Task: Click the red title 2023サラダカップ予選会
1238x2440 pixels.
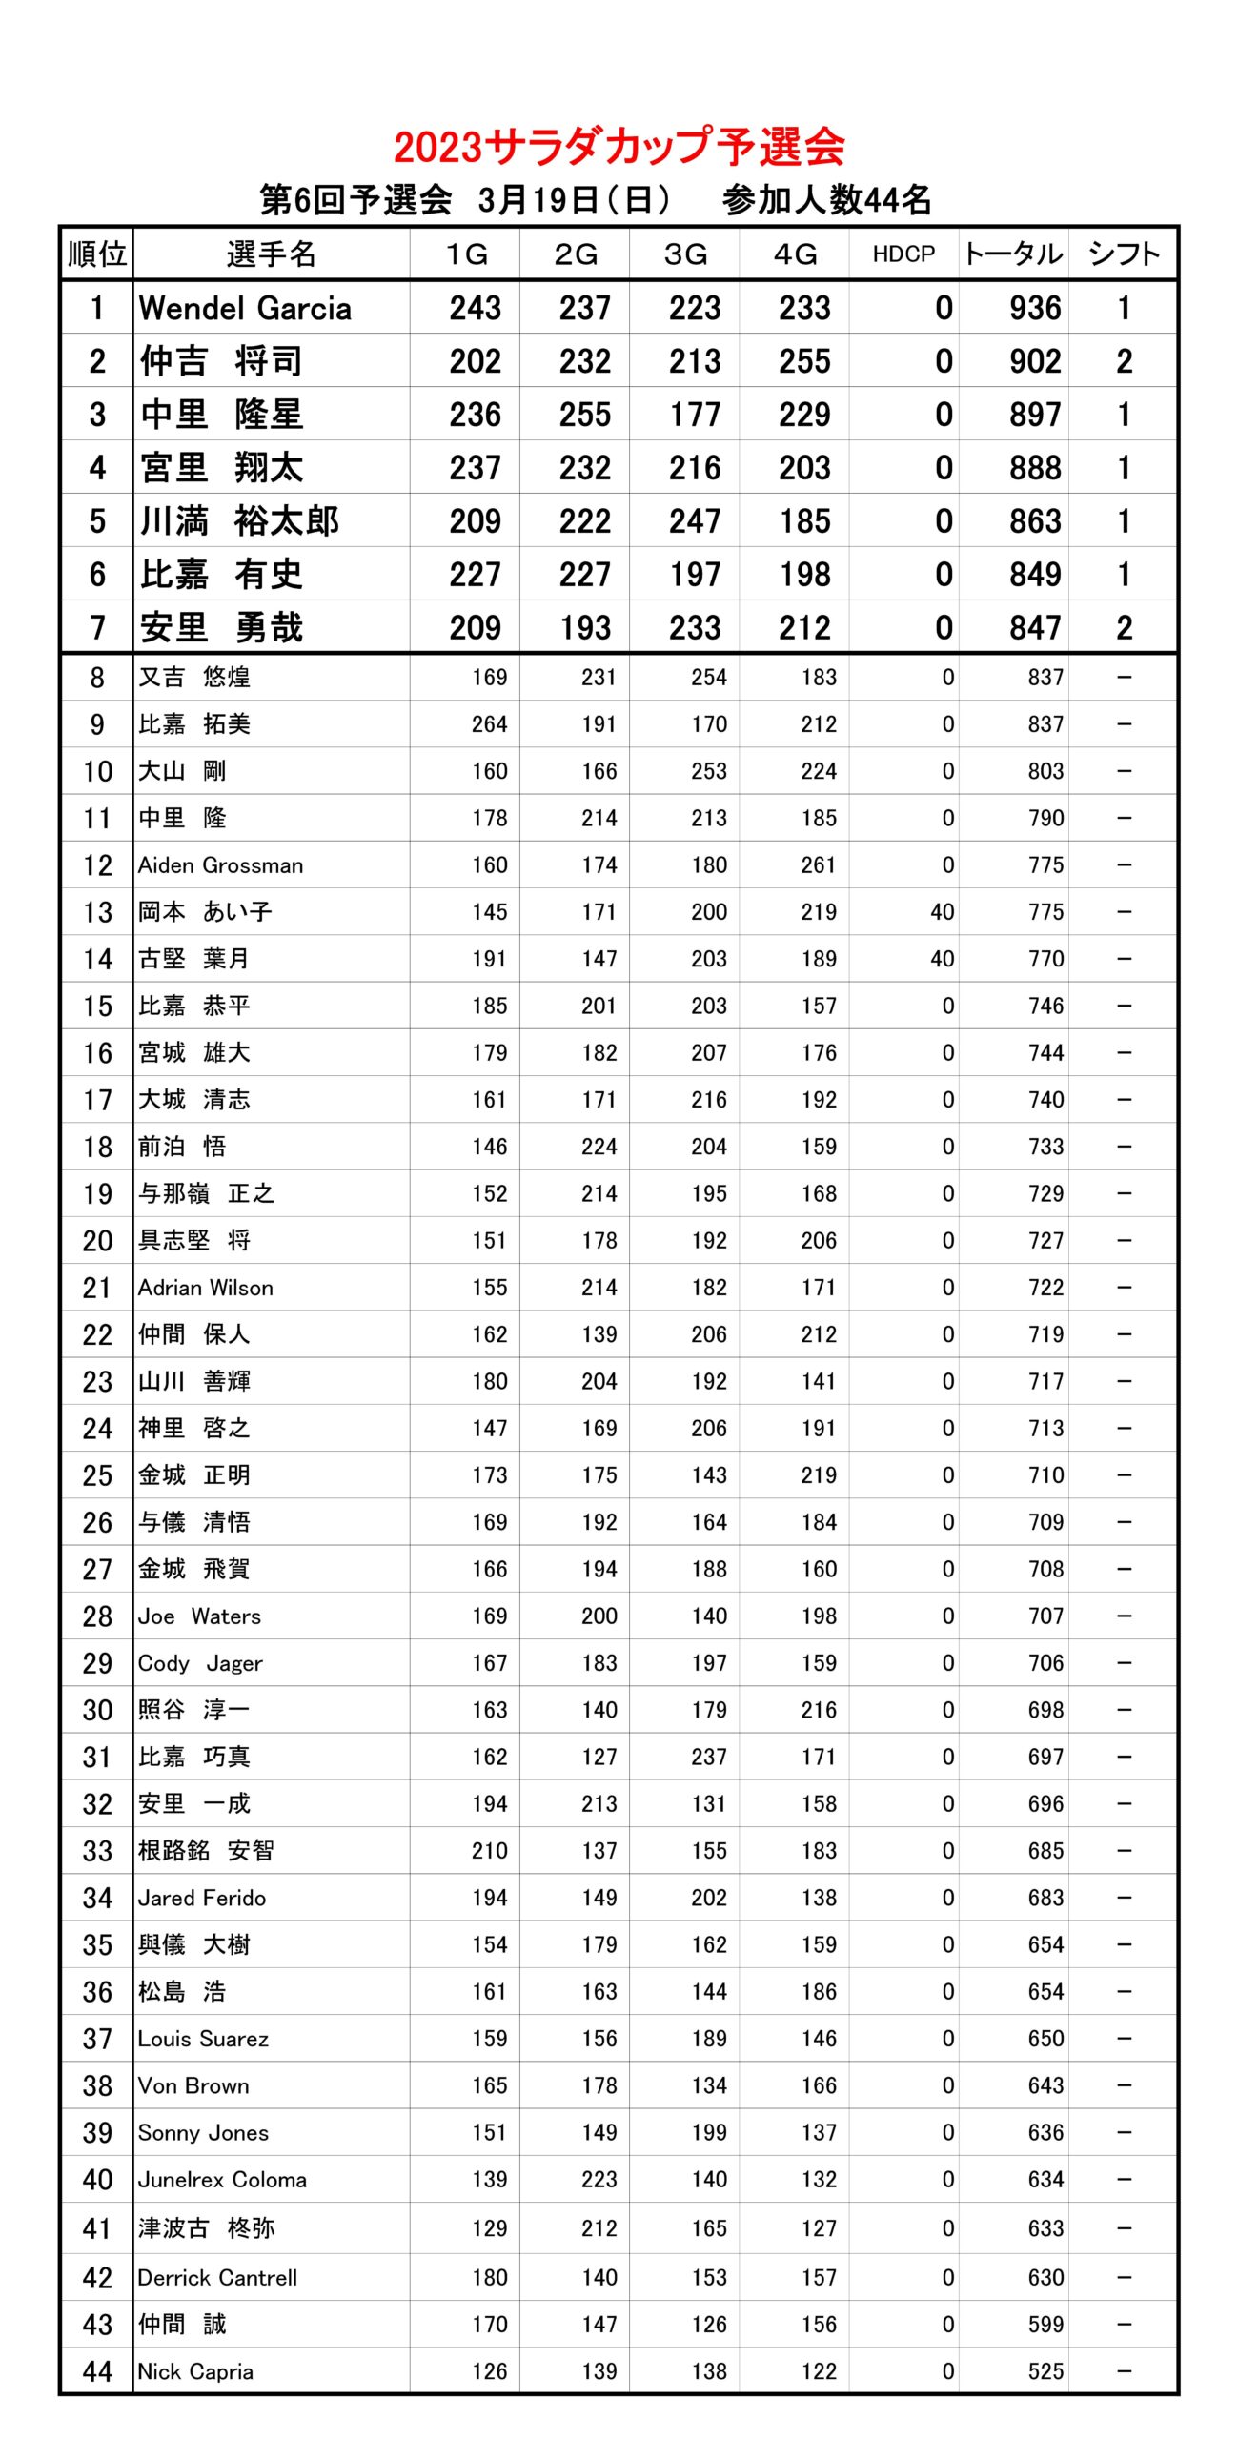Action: [619, 147]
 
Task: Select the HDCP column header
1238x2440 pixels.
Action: [903, 254]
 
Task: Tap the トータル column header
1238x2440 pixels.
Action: [1013, 254]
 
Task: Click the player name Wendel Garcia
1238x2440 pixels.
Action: [245, 308]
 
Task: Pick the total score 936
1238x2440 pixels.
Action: [1035, 308]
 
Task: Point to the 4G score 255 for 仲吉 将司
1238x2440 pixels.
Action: [804, 361]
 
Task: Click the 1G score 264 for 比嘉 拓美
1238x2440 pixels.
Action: [489, 724]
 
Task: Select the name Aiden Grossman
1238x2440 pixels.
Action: [220, 865]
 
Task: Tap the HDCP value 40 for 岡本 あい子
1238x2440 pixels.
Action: [942, 912]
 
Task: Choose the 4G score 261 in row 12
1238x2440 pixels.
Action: [819, 865]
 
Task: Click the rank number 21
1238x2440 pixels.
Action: [97, 1288]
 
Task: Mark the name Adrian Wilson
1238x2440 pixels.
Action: [205, 1288]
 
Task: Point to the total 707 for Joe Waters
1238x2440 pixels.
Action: [1045, 1616]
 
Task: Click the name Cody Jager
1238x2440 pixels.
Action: [200, 1663]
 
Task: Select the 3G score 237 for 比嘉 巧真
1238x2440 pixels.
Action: [709, 1757]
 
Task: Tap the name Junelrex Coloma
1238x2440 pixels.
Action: [222, 2180]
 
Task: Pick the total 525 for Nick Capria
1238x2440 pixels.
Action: [1045, 2371]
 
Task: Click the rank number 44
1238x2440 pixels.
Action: [97, 2371]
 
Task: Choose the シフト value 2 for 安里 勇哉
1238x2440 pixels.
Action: [1125, 627]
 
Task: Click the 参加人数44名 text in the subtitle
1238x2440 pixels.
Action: [826, 200]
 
